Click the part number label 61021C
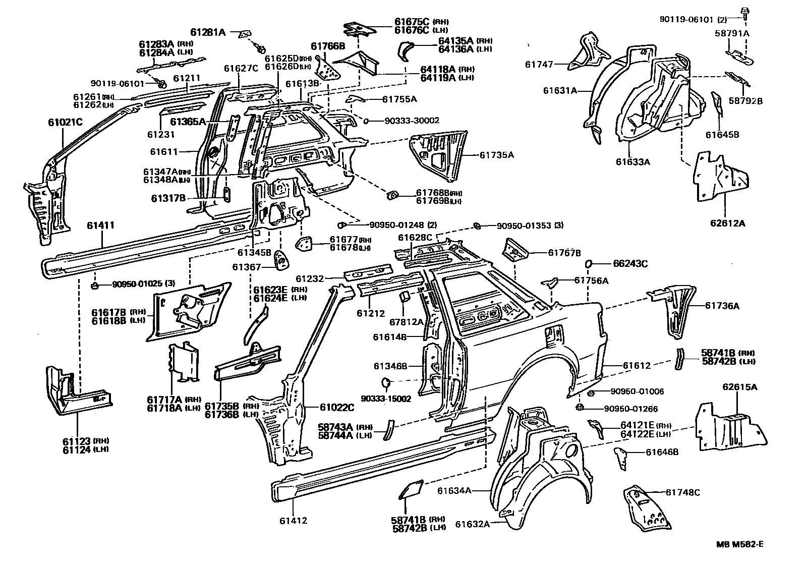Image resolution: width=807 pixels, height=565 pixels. pyautogui.click(x=65, y=122)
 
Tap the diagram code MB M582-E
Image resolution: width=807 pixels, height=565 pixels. pyautogui.click(x=739, y=544)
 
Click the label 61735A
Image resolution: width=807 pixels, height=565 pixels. pyautogui.click(x=496, y=155)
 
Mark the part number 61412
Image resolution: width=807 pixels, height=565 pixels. pyautogui.click(x=293, y=521)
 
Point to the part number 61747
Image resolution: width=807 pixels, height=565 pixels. pyautogui.click(x=539, y=65)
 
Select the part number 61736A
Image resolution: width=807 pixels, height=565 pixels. pyautogui.click(x=722, y=305)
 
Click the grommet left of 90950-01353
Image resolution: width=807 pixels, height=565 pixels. pyautogui.click(x=476, y=225)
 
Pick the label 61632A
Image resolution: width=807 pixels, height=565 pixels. pyautogui.click(x=473, y=524)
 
